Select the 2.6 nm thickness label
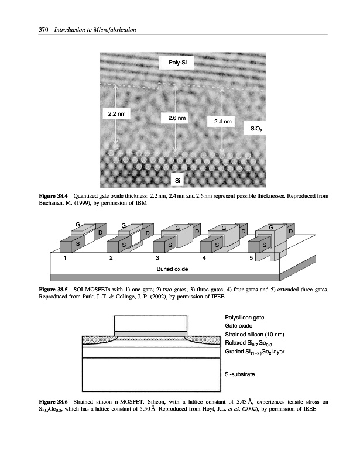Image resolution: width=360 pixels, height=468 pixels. (177, 118)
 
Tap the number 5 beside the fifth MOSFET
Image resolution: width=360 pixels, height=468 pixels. (251, 257)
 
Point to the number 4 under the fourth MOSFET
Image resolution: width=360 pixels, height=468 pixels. (203, 257)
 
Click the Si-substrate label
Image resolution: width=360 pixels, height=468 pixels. (240, 372)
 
